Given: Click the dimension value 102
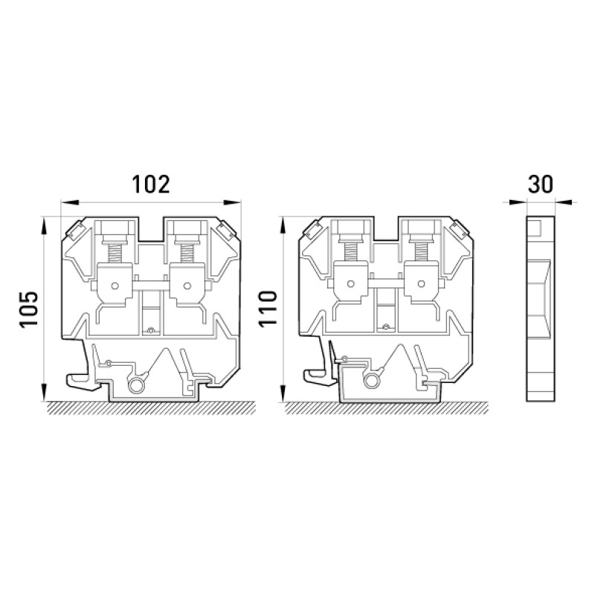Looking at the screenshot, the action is (x=151, y=184).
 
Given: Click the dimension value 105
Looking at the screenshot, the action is (x=29, y=309).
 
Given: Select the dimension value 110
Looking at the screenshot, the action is (x=268, y=309).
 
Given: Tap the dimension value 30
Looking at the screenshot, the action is (x=541, y=184).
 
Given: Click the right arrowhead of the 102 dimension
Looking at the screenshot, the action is (x=232, y=202).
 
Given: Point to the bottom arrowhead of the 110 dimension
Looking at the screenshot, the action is (x=283, y=393).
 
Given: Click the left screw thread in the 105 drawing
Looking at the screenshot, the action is (x=115, y=253).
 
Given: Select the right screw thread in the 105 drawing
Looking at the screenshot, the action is (x=187, y=253).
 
